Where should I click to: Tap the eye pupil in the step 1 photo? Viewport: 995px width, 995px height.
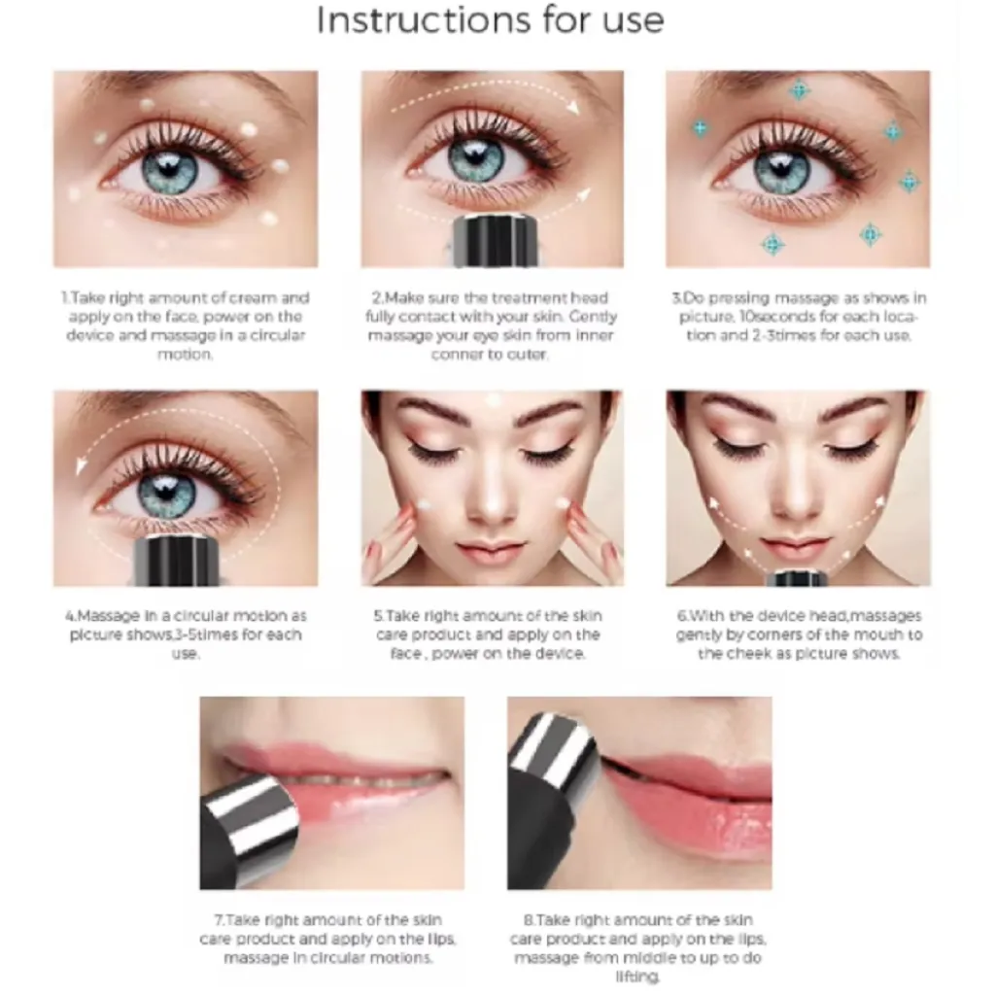tap(169, 166)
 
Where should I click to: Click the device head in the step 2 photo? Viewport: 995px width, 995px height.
tap(494, 241)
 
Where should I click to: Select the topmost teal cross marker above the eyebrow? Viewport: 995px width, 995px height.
tap(799, 90)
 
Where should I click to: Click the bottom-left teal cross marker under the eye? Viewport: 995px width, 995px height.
tap(772, 244)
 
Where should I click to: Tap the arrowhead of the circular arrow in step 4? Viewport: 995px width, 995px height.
tap(82, 465)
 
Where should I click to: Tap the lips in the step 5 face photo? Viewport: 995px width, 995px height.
tap(491, 553)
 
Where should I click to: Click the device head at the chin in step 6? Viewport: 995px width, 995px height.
tap(798, 578)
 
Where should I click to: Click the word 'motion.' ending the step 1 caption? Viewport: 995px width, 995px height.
tap(185, 354)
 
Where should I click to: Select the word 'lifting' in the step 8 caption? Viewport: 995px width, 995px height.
tap(636, 977)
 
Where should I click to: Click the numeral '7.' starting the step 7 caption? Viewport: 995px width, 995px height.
tap(219, 920)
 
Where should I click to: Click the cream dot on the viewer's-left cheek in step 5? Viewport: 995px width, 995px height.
tap(424, 505)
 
